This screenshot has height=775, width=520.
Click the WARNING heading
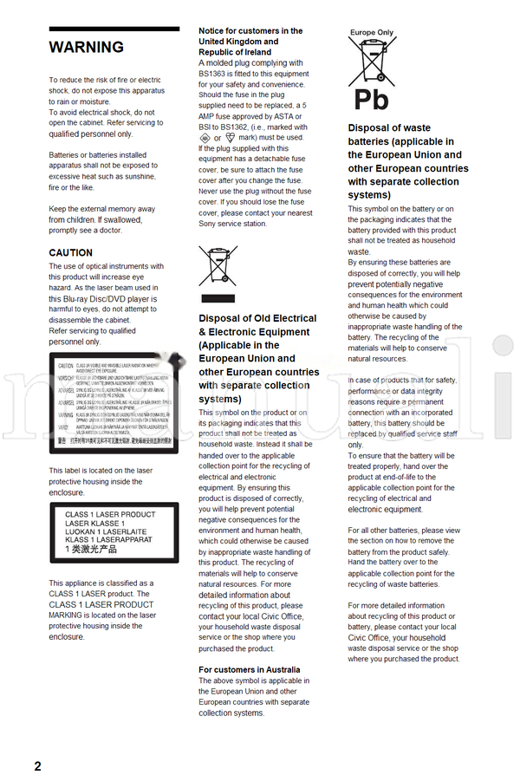click(x=87, y=48)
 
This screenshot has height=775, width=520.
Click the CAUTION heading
click(x=71, y=253)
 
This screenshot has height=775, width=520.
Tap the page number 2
click(x=37, y=765)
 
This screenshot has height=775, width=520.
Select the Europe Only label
click(x=372, y=33)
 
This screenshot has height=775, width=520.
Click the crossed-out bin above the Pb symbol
click(x=372, y=61)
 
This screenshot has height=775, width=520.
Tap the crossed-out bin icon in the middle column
click(x=218, y=266)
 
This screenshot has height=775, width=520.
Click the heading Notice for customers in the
click(x=250, y=31)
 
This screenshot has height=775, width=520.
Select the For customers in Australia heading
click(x=250, y=669)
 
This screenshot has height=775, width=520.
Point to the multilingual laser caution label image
click(x=114, y=403)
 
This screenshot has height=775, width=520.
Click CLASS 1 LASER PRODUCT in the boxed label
click(x=109, y=515)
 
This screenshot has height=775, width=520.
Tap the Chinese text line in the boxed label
click(x=91, y=549)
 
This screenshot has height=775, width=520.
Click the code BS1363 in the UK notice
click(x=212, y=74)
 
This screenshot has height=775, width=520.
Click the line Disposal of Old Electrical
click(x=257, y=318)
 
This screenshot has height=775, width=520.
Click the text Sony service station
click(x=232, y=224)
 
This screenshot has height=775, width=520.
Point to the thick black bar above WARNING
click(x=114, y=29)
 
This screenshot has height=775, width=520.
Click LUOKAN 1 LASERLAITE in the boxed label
click(x=106, y=531)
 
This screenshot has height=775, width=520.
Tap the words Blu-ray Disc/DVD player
click(x=113, y=298)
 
